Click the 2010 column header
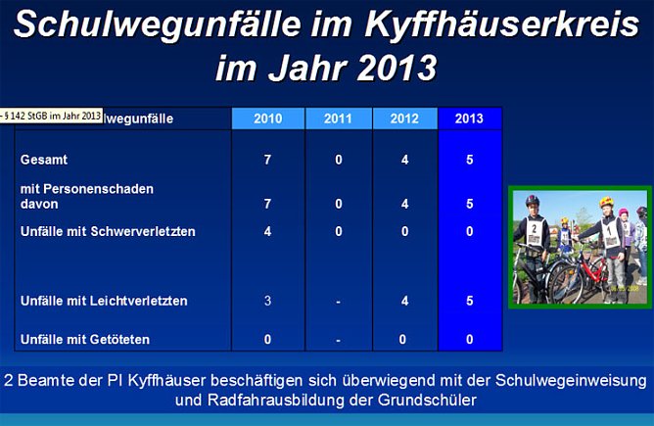point(267,118)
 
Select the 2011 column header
point(338,118)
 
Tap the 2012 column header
point(404,118)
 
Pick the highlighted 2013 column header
point(470,118)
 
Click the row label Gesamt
point(44,159)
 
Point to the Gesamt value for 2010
point(267,159)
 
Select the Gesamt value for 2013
point(470,159)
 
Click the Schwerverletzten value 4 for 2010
point(267,231)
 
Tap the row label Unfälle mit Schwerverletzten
point(108,231)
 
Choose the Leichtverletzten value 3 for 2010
point(267,301)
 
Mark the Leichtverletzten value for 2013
point(470,301)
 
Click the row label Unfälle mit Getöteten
point(87,340)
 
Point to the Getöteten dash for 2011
point(338,340)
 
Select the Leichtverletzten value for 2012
point(404,301)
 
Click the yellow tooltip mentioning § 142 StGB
point(51,116)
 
